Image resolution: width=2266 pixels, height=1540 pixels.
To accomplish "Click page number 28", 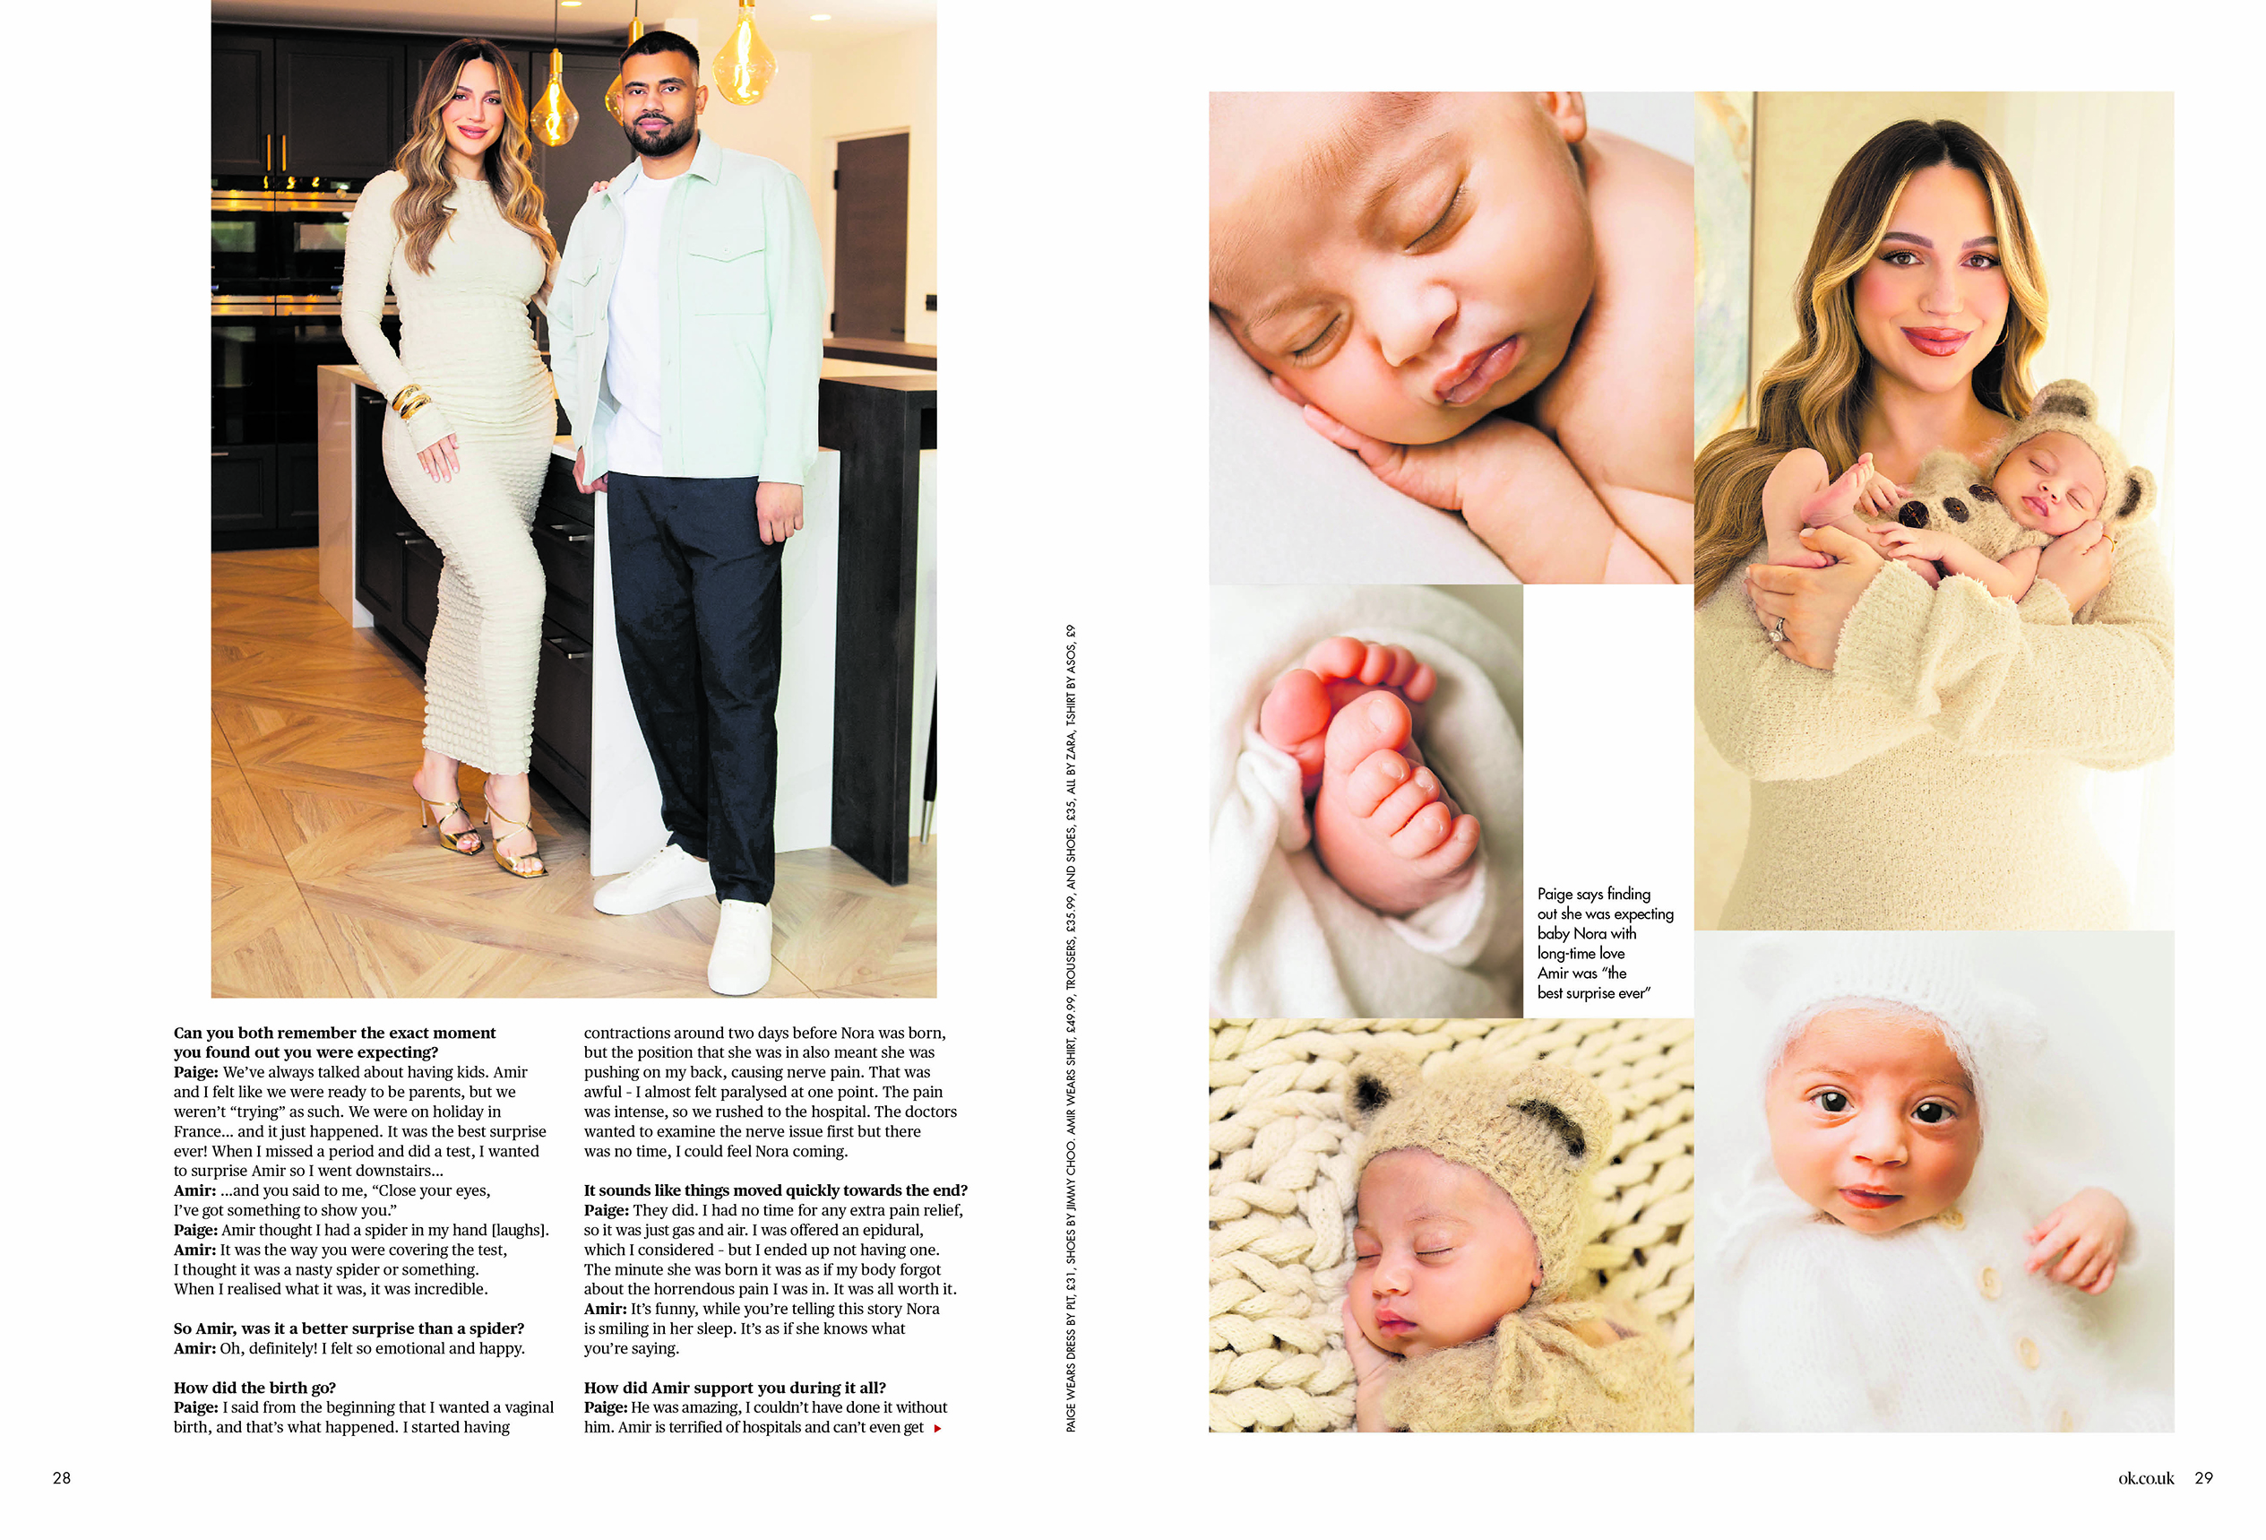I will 62,1477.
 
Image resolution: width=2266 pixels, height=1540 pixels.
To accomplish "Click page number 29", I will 2203,1477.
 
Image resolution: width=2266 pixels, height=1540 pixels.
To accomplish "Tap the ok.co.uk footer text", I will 2145,1477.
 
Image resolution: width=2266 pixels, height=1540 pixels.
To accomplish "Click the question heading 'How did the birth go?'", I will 254,1387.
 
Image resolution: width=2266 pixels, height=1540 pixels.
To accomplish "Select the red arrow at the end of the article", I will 937,1428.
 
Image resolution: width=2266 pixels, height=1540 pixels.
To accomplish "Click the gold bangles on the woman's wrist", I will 410,400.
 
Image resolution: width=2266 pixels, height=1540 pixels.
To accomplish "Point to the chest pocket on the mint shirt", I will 728,283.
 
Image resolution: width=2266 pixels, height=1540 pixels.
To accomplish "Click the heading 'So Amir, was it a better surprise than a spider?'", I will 348,1328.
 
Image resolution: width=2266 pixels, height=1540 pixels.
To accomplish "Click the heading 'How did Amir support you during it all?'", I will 734,1387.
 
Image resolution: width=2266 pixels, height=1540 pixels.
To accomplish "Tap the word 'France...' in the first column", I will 202,1131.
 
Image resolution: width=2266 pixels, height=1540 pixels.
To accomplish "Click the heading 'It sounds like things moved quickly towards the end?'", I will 775,1190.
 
